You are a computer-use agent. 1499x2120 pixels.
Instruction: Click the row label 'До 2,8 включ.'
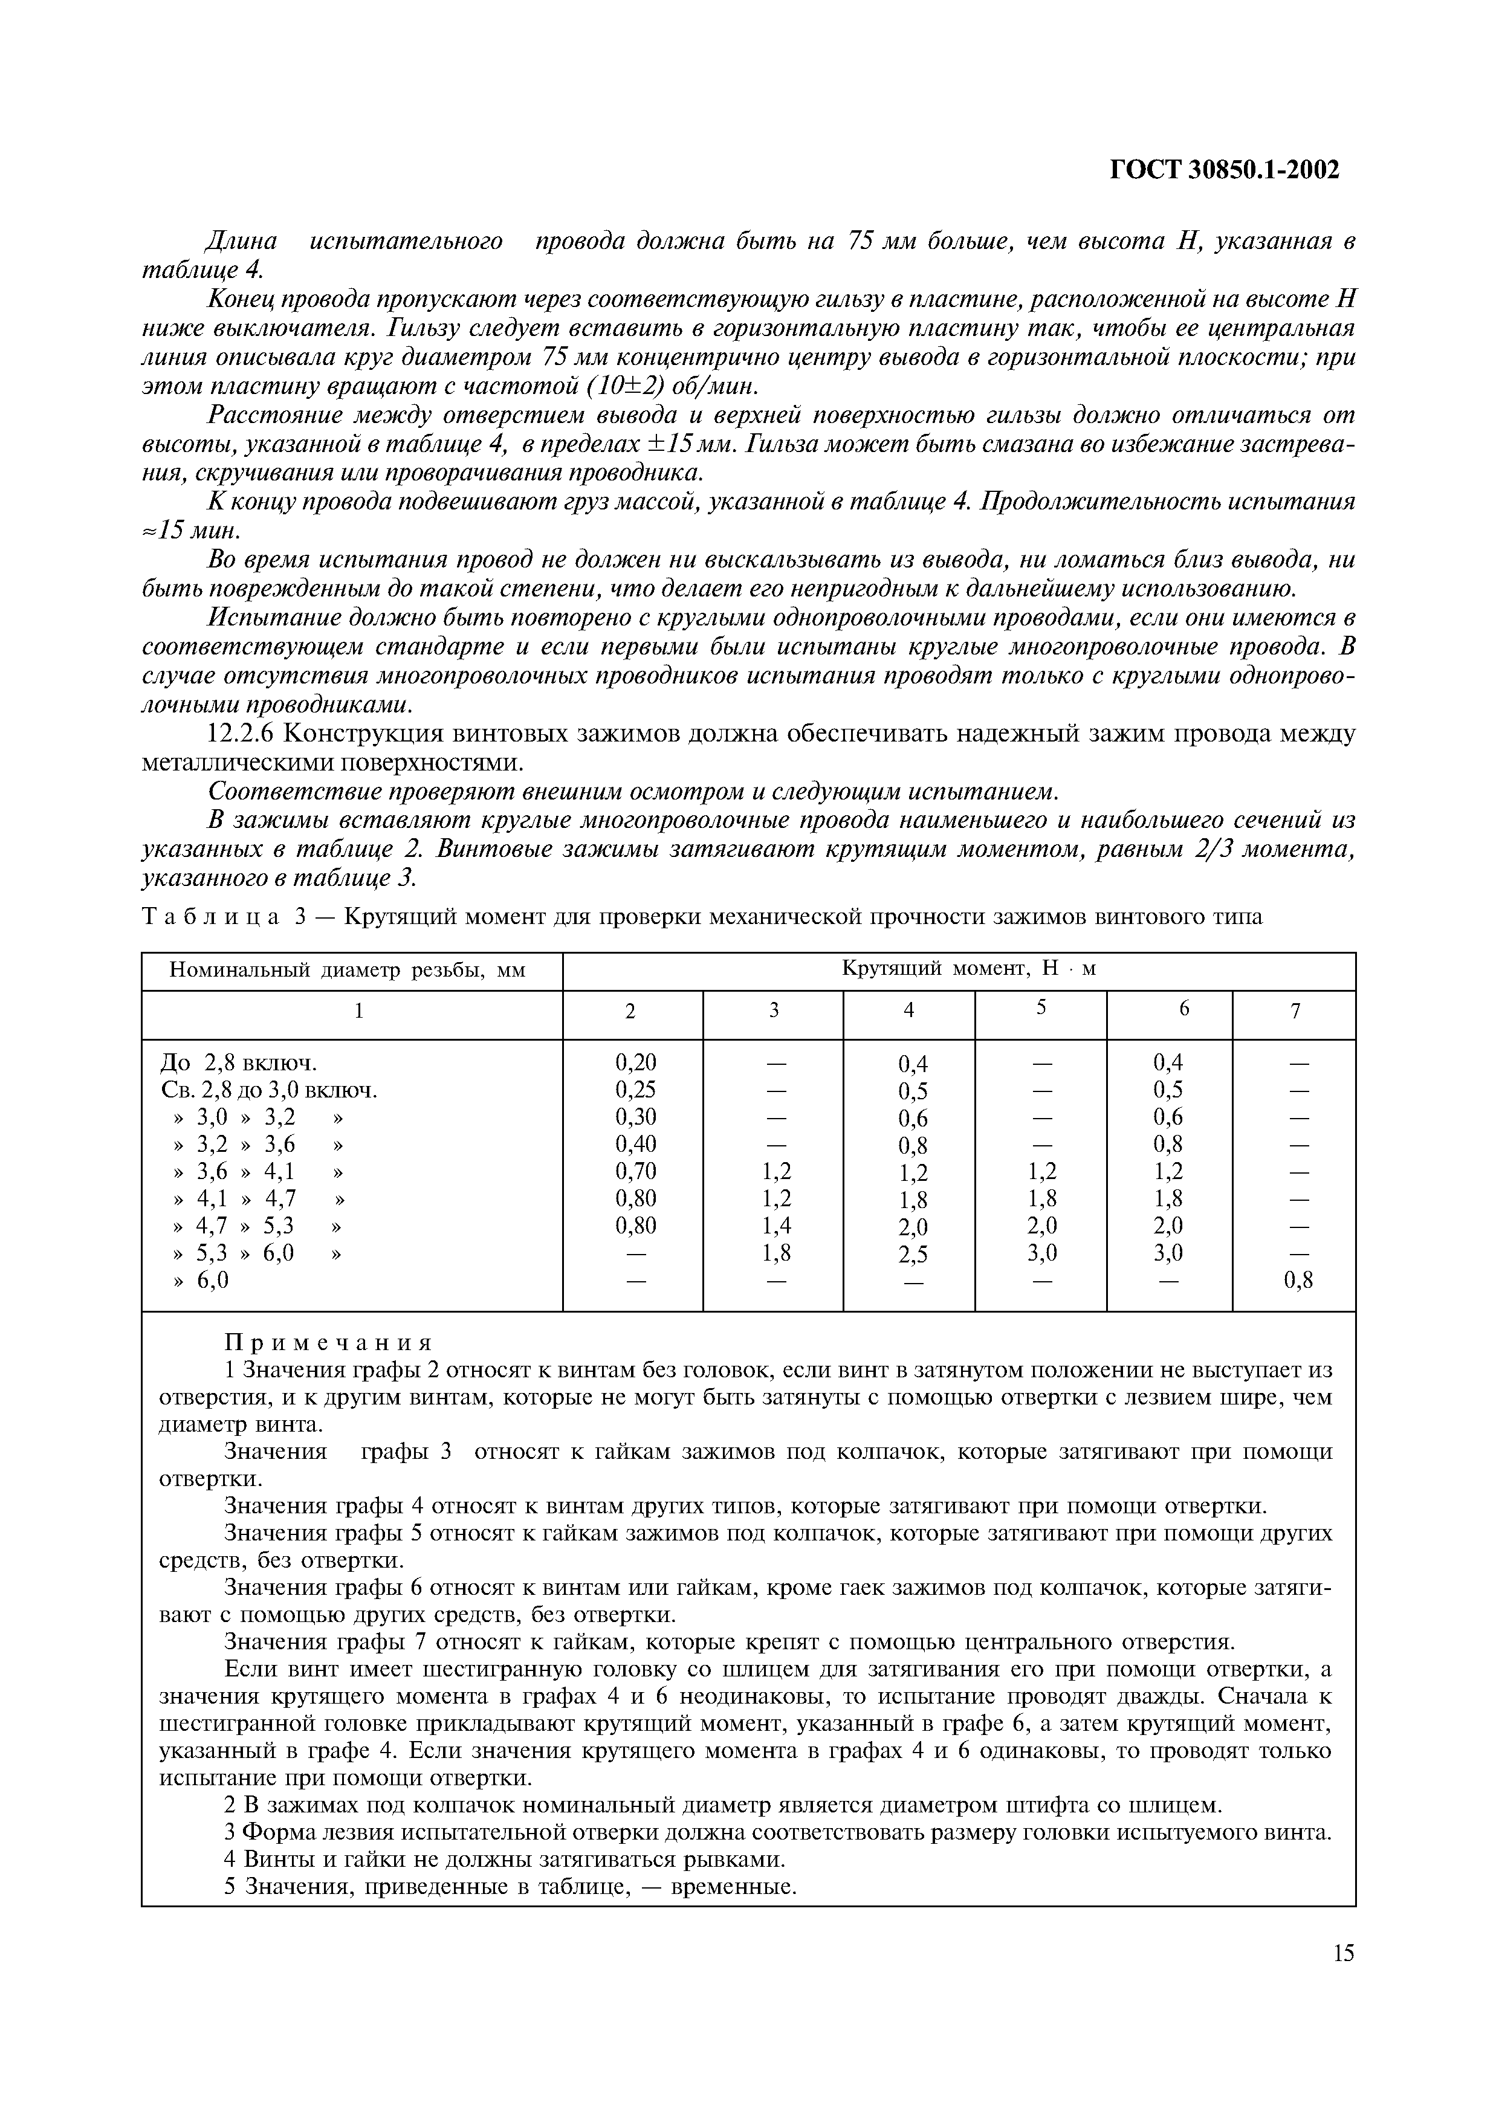[x=239, y=1063]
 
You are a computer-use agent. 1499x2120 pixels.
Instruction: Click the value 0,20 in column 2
[x=635, y=1063]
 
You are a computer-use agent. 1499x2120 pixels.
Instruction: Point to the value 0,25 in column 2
[x=635, y=1090]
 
